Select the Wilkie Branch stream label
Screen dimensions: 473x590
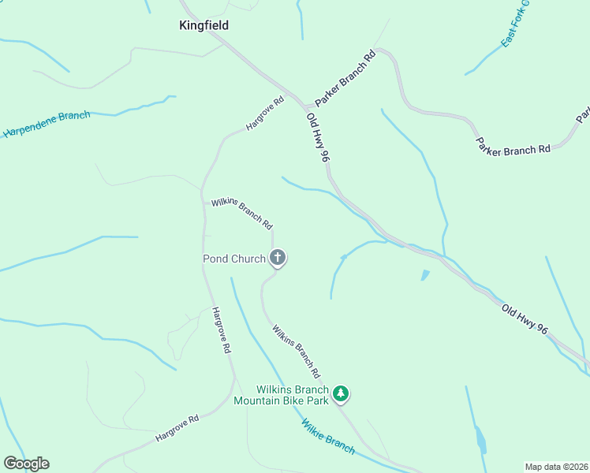328,436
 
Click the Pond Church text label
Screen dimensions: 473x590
234,259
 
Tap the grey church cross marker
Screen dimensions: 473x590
278,257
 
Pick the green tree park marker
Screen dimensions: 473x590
341,393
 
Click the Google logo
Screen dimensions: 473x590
26,464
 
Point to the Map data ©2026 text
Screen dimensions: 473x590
557,466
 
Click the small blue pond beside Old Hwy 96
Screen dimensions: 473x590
426,275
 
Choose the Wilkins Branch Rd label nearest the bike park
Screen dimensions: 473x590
297,350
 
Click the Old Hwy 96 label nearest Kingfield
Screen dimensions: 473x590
317,137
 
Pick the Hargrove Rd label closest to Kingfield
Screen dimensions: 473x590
264,114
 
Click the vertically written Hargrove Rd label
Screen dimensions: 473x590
222,330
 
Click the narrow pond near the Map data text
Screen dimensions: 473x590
481,440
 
